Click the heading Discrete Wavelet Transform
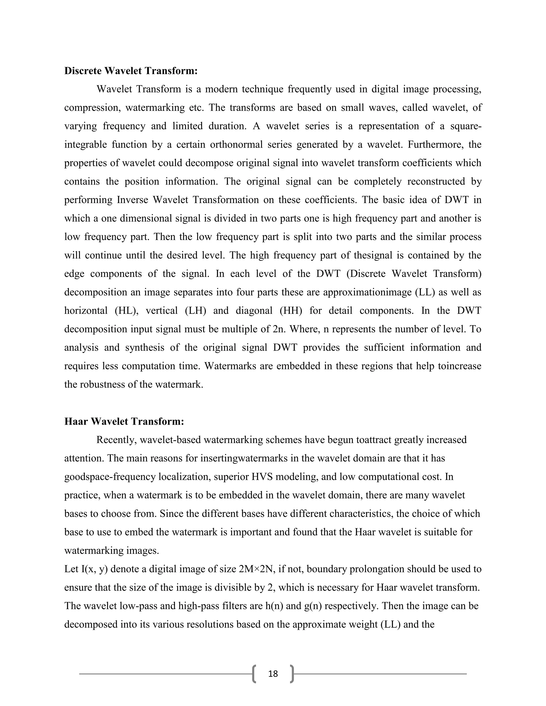[x=131, y=71]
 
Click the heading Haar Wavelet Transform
[x=124, y=421]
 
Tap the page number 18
[x=273, y=674]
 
